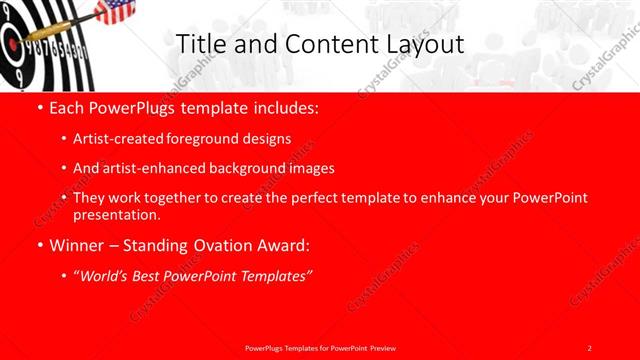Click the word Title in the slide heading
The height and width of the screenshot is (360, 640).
click(x=198, y=44)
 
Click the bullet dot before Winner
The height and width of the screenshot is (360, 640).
click(x=39, y=245)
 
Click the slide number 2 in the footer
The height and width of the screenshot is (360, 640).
click(x=589, y=347)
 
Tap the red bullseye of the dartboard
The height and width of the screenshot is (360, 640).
click(x=9, y=45)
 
